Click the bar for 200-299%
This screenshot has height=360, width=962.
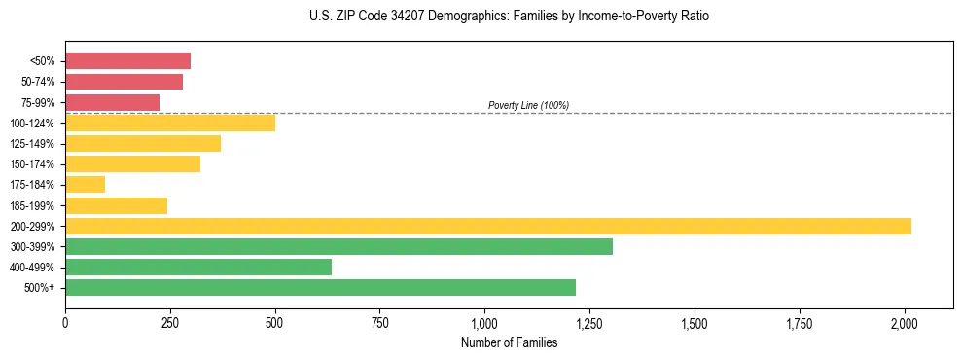click(488, 226)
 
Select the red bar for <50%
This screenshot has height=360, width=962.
click(127, 60)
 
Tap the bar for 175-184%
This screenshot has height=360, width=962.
click(85, 185)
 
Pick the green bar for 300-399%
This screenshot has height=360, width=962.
click(338, 246)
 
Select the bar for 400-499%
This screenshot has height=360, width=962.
click(198, 267)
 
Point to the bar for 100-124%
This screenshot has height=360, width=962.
click(170, 123)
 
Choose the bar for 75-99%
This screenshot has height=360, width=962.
click(112, 102)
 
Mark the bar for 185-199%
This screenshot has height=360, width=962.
click(116, 205)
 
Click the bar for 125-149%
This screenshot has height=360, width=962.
click(143, 143)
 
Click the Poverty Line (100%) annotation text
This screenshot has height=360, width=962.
click(528, 105)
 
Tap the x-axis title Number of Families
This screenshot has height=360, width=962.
click(510, 342)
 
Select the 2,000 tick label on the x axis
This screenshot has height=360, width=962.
click(905, 321)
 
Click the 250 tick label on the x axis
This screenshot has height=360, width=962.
click(170, 321)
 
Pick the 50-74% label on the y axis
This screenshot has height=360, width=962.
click(38, 82)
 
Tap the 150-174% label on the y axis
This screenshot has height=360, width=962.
click(34, 164)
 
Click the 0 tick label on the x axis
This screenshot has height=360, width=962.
click(65, 321)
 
